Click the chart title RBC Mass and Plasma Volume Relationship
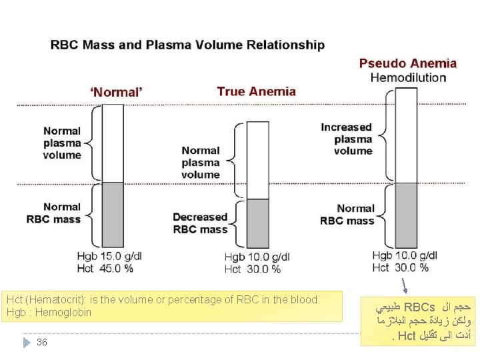pos(188,45)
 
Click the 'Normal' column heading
pos(116,93)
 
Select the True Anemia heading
pos(256,91)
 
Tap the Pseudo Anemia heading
pos(408,64)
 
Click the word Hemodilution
pos(408,77)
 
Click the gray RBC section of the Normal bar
pos(113,214)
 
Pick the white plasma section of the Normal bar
pos(113,143)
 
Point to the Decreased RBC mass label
pos(200,223)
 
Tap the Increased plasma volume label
pos(346,139)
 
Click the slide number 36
pos(42,342)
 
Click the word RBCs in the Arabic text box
pos(419,307)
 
